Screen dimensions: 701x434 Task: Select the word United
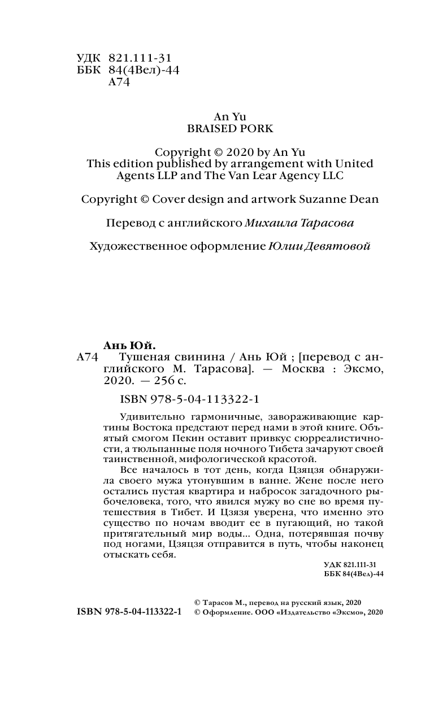tap(351, 164)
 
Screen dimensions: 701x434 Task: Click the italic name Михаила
tap(267, 223)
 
